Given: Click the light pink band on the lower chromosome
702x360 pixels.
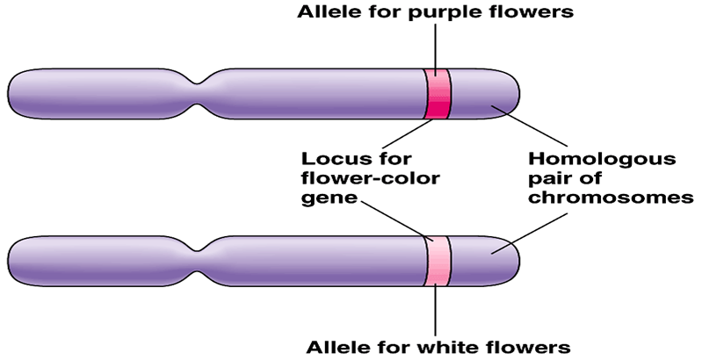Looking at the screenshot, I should point(438,261).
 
